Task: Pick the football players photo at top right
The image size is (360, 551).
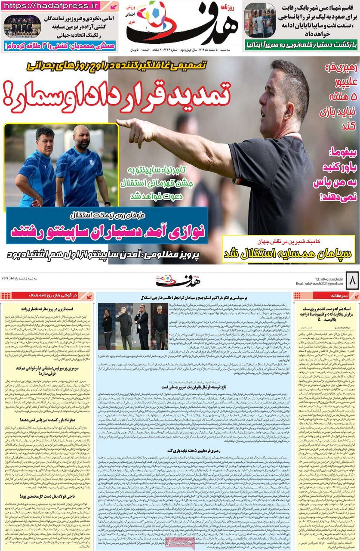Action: click(259, 20)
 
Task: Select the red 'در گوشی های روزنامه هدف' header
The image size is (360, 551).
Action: click(47, 296)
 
